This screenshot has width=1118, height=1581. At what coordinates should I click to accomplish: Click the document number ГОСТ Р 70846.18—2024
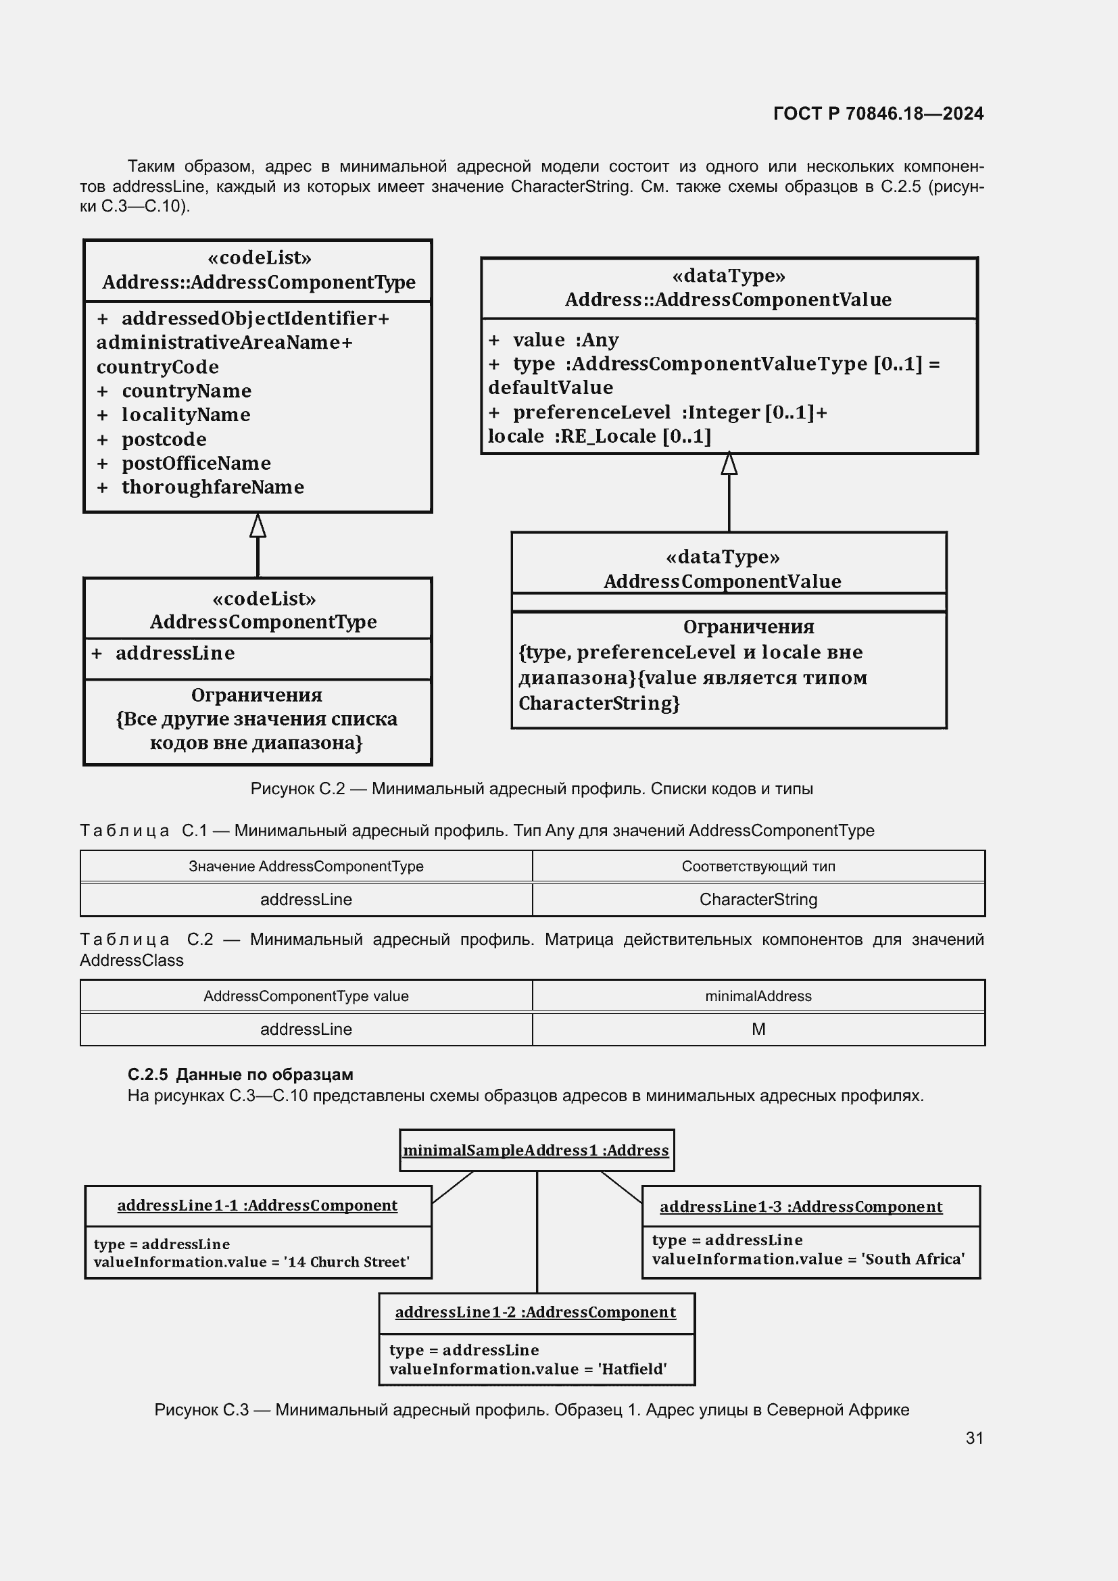(878, 114)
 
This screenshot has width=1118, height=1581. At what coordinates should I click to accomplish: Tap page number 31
(974, 1438)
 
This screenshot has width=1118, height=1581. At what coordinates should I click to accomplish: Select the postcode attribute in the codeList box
(164, 439)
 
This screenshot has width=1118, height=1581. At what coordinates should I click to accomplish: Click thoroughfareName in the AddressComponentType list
(212, 487)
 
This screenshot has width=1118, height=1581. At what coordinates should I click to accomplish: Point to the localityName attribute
(186, 414)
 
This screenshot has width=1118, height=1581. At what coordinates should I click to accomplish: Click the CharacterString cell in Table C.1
(758, 899)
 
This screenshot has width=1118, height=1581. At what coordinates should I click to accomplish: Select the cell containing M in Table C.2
(758, 1029)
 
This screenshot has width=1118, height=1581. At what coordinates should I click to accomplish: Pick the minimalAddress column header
(758, 996)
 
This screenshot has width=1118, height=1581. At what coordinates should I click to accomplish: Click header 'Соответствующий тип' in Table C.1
(758, 867)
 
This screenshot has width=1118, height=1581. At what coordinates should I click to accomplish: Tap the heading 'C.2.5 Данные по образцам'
(240, 1074)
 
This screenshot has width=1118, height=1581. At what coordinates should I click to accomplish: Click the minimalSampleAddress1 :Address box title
(535, 1150)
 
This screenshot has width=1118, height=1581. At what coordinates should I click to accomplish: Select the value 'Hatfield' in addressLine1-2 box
(632, 1369)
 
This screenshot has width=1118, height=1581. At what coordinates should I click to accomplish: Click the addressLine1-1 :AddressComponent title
(257, 1205)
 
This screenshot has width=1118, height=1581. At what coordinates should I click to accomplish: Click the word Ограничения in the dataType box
(748, 627)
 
